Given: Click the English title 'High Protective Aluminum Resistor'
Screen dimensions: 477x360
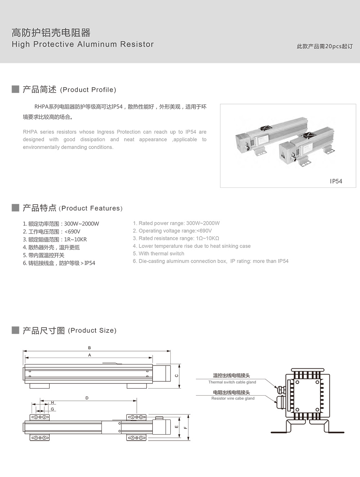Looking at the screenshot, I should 83,44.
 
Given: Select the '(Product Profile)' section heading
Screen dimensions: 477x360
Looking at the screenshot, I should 88,90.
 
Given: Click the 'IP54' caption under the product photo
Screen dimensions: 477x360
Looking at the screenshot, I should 336,181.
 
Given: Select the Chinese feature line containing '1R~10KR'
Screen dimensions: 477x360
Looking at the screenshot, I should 55,240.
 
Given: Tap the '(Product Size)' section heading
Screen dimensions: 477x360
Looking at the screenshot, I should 92,331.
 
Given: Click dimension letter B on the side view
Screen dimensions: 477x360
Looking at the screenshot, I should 89,348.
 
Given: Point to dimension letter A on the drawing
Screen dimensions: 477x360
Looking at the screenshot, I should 90,355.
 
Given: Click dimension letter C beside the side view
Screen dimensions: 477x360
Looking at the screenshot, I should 176,376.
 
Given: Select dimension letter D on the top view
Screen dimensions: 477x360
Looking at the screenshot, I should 87,398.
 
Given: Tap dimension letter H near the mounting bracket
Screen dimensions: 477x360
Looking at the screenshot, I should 52,403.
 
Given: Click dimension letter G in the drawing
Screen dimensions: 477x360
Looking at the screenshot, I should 53,409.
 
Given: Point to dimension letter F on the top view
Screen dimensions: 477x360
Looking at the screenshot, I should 185,428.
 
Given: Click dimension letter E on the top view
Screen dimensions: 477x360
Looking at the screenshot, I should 176,427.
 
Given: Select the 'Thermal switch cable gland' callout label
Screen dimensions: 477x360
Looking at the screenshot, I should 232,382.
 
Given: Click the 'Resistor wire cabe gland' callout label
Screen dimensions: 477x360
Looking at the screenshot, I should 233,398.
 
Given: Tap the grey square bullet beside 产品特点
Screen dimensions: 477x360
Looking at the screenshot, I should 15,208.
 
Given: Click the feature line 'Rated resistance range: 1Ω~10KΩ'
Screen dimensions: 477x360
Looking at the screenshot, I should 176,238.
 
